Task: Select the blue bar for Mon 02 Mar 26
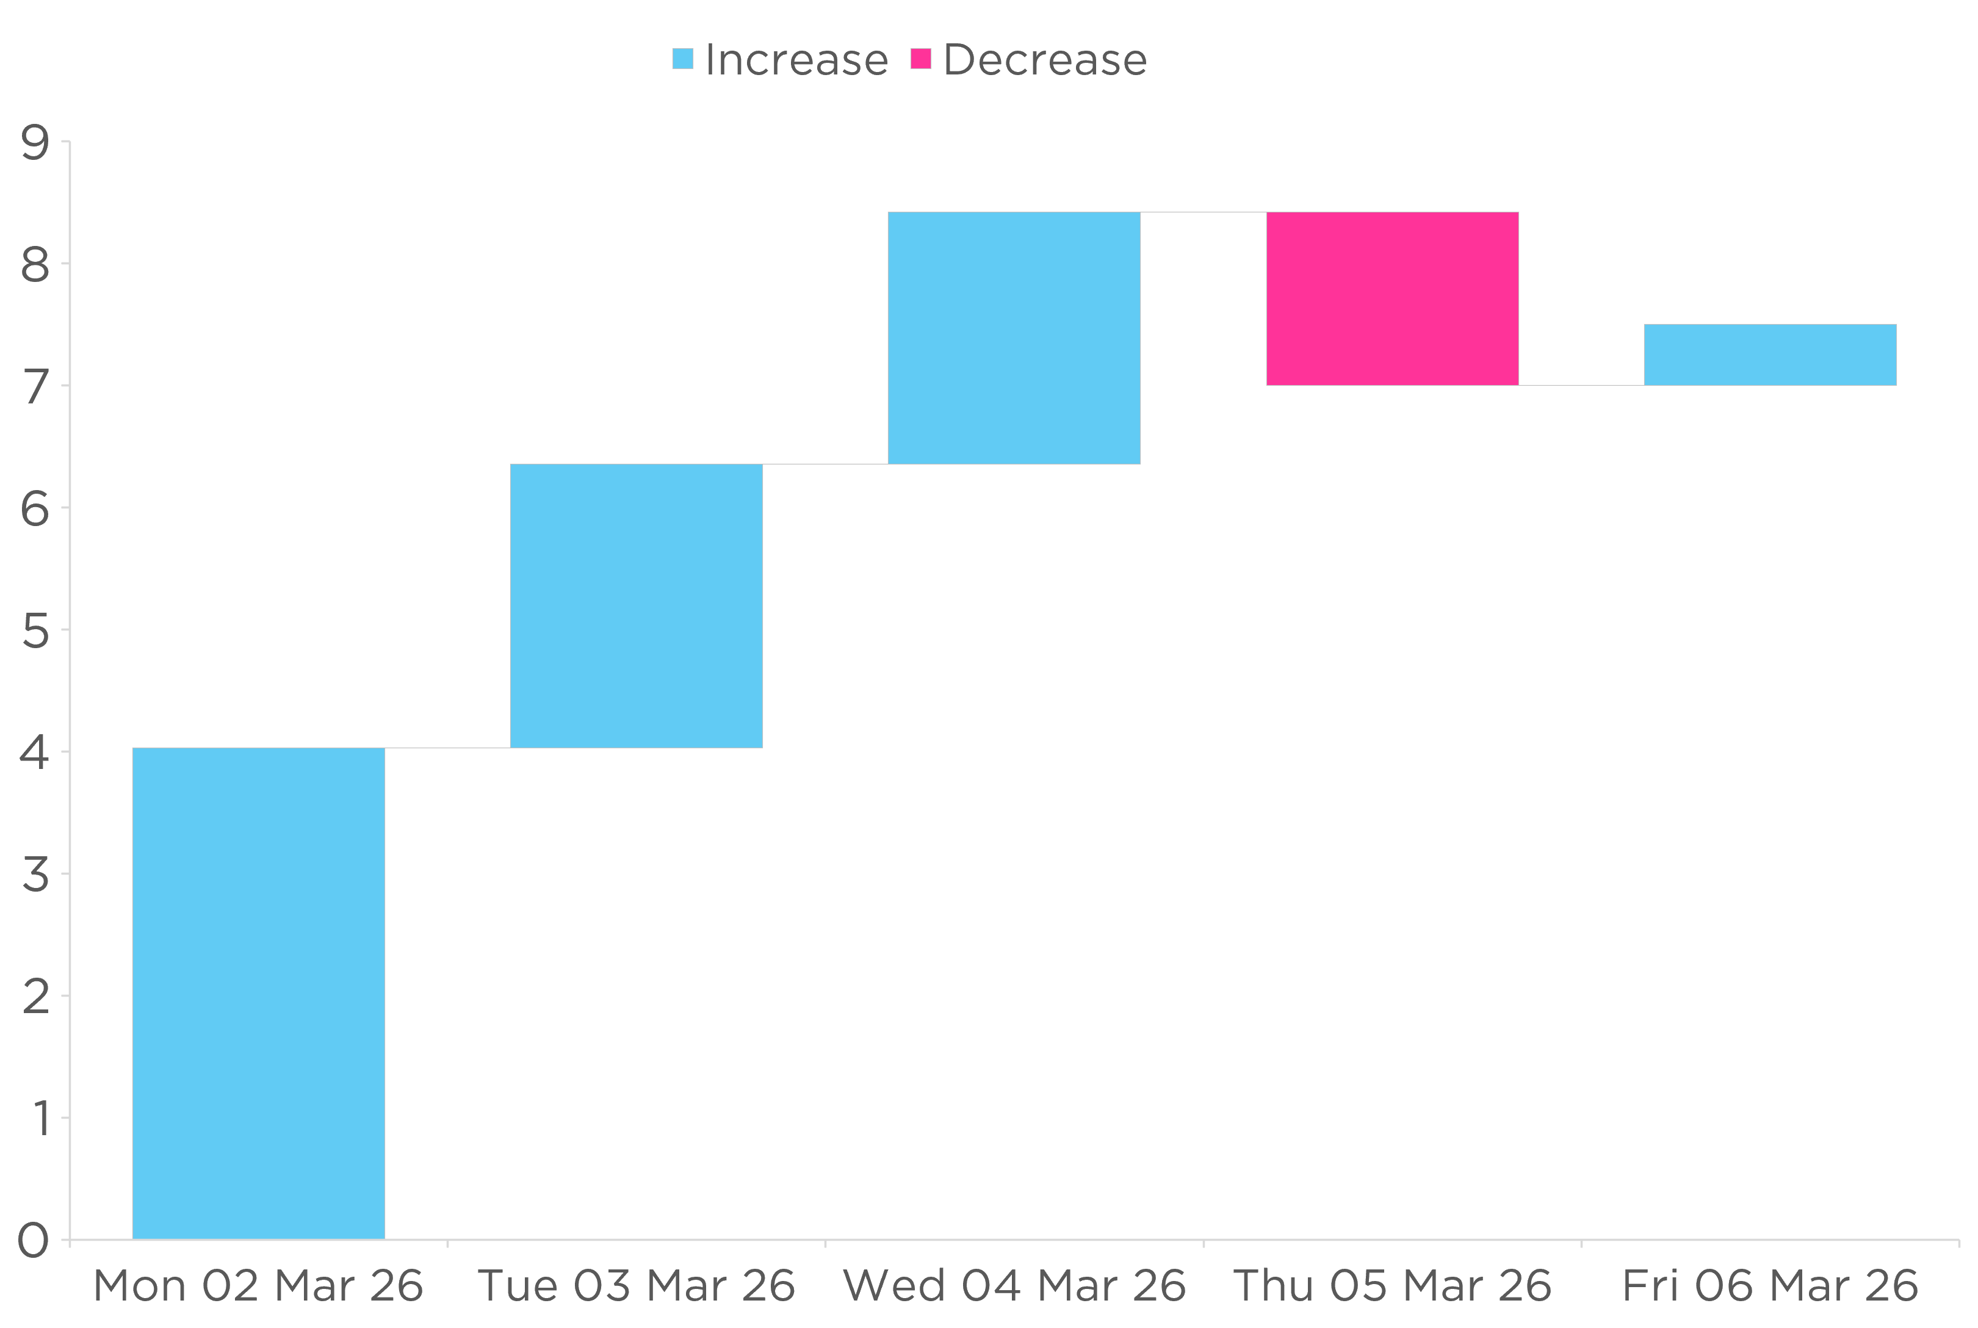pyautogui.click(x=258, y=992)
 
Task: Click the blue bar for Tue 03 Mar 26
pyautogui.click(x=636, y=605)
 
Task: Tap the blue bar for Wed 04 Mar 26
pyautogui.click(x=1014, y=338)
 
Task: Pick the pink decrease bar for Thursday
pyautogui.click(x=1392, y=298)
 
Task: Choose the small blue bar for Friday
pyautogui.click(x=1770, y=354)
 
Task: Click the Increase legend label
pyautogui.click(x=796, y=59)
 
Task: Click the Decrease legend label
pyautogui.click(x=1044, y=59)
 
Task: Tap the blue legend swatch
pyautogui.click(x=682, y=59)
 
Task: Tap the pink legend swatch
pyautogui.click(x=920, y=59)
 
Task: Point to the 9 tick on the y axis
pyautogui.click(x=35, y=142)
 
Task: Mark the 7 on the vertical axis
pyautogui.click(x=35, y=387)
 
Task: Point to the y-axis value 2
pyautogui.click(x=35, y=997)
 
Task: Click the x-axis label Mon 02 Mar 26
pyautogui.click(x=258, y=1286)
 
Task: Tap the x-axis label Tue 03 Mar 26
pyautogui.click(x=636, y=1286)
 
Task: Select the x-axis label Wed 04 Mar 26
pyautogui.click(x=1014, y=1286)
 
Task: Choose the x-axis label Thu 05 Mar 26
pyautogui.click(x=1392, y=1286)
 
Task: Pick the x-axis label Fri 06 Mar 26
pyautogui.click(x=1770, y=1286)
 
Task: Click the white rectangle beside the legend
pyautogui.click(x=1251, y=61)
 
